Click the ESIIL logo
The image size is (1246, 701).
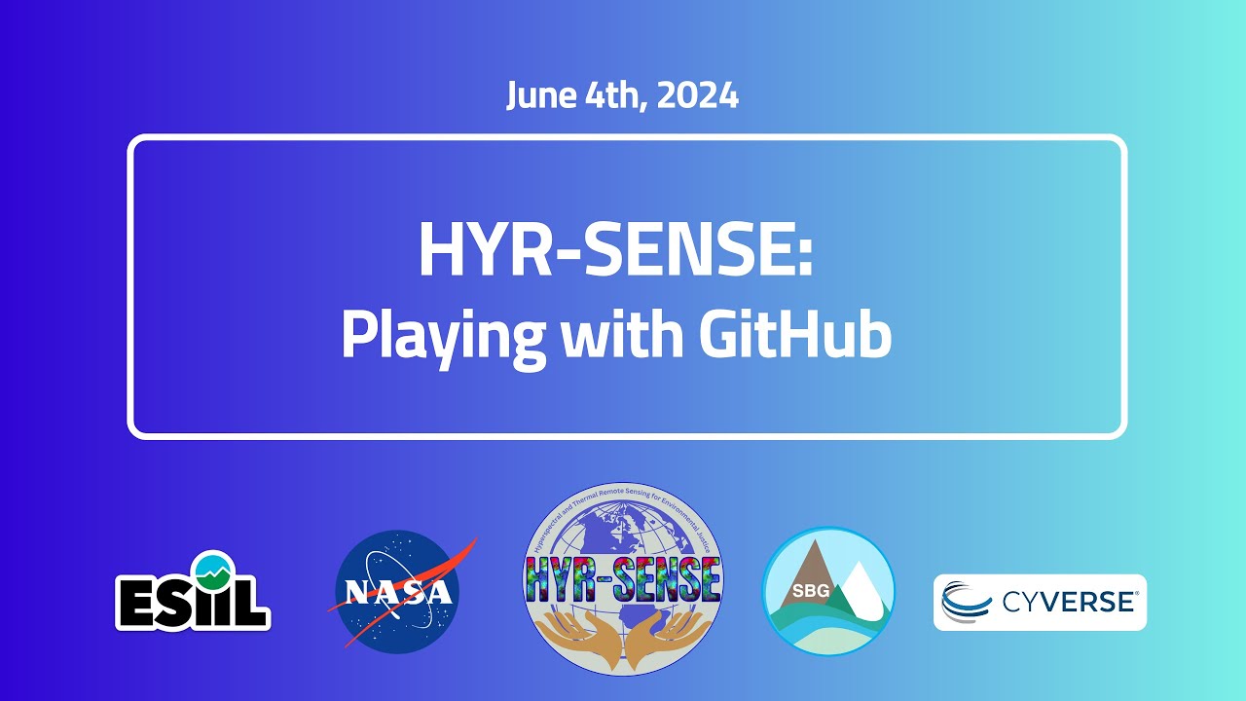193,594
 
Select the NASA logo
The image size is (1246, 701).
399,593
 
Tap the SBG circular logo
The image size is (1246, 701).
828,591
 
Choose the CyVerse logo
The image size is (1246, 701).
1040,602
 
